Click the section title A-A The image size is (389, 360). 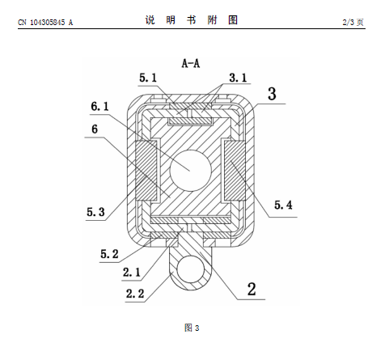point(191,64)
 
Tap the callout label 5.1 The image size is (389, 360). point(148,78)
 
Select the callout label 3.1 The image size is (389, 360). point(238,78)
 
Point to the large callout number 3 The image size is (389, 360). point(272,94)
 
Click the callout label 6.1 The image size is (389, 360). point(99,107)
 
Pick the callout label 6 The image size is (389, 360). point(95,129)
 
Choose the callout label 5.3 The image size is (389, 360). point(95,212)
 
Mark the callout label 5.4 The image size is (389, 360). point(283,205)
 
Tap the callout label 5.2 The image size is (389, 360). point(109,254)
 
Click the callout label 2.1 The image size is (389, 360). point(132,273)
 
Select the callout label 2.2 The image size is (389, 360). point(135,294)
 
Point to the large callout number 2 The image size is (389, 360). point(252,290)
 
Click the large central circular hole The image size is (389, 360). point(190,171)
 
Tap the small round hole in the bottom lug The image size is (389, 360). point(190,269)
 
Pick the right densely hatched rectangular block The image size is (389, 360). point(235,171)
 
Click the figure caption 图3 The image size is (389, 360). point(192,328)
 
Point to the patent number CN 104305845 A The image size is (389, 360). point(45,23)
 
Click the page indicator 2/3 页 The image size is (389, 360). point(353,22)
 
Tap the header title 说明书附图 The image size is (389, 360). point(192,20)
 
